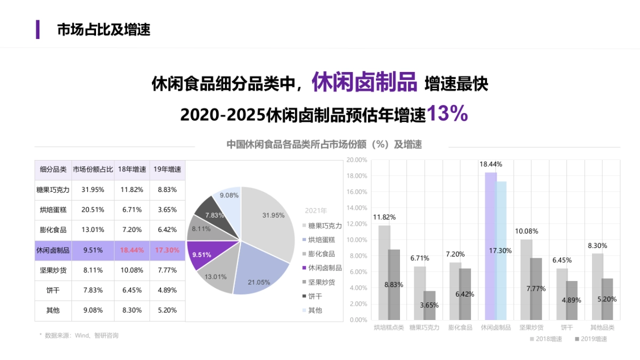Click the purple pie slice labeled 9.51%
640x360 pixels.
coord(203,254)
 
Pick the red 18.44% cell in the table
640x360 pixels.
coord(132,250)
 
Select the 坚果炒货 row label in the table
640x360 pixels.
coord(53,270)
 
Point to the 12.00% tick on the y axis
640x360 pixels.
coord(357,224)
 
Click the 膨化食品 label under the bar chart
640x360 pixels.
coord(460,327)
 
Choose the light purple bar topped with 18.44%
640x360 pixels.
coord(491,245)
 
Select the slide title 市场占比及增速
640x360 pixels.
coord(103,29)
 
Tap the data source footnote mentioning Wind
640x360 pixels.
coord(80,335)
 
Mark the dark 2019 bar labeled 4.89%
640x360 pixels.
coord(572,300)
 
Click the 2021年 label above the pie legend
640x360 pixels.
coord(316,211)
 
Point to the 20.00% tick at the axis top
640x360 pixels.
coord(357,160)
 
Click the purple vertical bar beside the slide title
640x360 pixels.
coord(38,29)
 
